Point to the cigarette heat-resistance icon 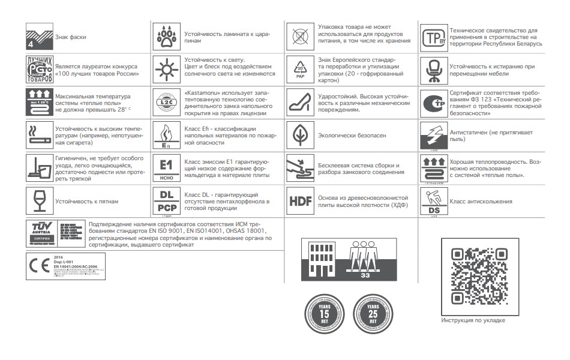click(x=40, y=133)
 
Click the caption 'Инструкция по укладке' click(x=473, y=320)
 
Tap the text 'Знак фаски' click(x=71, y=37)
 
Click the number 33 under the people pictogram click(x=365, y=276)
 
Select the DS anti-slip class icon click(x=433, y=201)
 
